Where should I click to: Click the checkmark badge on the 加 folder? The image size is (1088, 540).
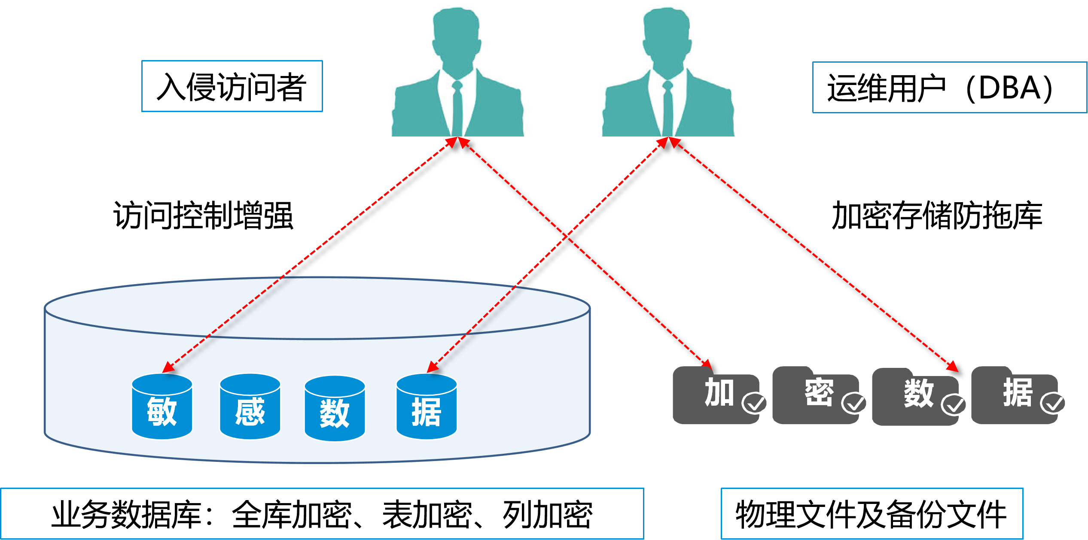754,403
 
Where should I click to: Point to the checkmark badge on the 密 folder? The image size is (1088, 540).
854,403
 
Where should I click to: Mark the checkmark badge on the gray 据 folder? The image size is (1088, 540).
1052,403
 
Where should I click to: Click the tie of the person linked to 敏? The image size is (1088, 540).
457,107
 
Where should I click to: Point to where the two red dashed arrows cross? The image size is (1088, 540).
567,236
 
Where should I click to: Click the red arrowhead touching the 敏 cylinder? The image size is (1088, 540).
168,368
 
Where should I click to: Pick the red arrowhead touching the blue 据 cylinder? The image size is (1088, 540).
432,368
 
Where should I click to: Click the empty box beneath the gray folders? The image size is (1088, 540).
872,513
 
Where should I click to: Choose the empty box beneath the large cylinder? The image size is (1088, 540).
322,513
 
